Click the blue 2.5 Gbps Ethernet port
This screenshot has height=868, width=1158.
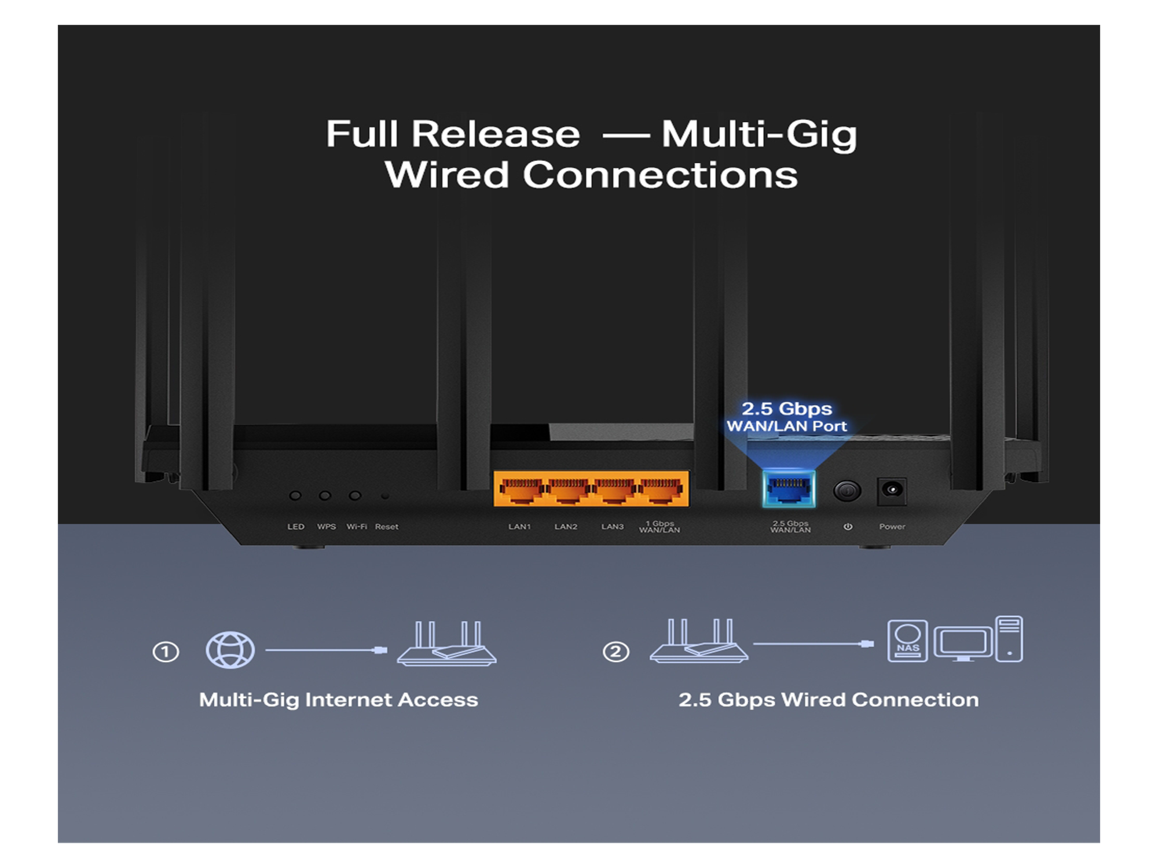coord(789,489)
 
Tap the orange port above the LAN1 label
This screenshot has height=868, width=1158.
coord(521,490)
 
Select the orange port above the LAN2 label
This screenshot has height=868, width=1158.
coord(568,490)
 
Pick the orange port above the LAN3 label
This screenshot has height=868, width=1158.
coord(614,490)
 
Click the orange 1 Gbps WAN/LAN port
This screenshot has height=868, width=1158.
coord(661,490)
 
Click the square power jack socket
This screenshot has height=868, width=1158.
coord(892,491)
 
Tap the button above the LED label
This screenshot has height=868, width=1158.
coord(295,496)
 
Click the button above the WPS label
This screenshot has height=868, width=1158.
coord(325,496)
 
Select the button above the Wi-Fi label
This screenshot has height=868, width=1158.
coord(355,496)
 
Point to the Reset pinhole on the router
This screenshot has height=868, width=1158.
coord(385,496)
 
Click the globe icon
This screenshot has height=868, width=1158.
coord(230,650)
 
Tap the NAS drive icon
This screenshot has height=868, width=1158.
coord(907,641)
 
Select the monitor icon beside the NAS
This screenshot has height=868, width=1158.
coord(963,643)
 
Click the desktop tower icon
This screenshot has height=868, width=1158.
coord(1009,639)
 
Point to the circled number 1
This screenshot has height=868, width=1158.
coord(166,652)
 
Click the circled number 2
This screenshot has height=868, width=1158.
coord(615,652)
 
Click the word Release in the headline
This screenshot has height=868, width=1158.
coord(496,134)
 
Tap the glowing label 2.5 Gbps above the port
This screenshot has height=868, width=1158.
coord(787,409)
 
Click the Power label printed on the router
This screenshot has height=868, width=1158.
coord(892,527)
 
